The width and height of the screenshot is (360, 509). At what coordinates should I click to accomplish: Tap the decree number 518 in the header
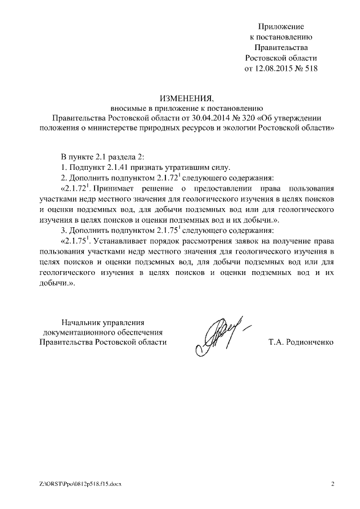pyautogui.click(x=310, y=69)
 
